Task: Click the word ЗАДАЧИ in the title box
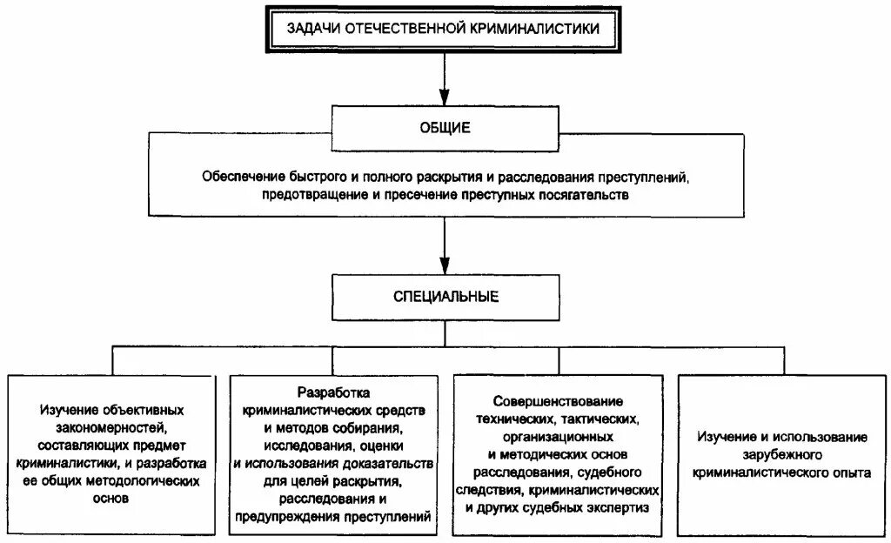(315, 29)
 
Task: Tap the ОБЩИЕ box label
(445, 128)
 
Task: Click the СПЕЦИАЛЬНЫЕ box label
(445, 297)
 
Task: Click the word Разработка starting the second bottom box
(333, 393)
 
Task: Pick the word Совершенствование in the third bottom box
(558, 401)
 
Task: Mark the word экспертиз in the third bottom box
(612, 507)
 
